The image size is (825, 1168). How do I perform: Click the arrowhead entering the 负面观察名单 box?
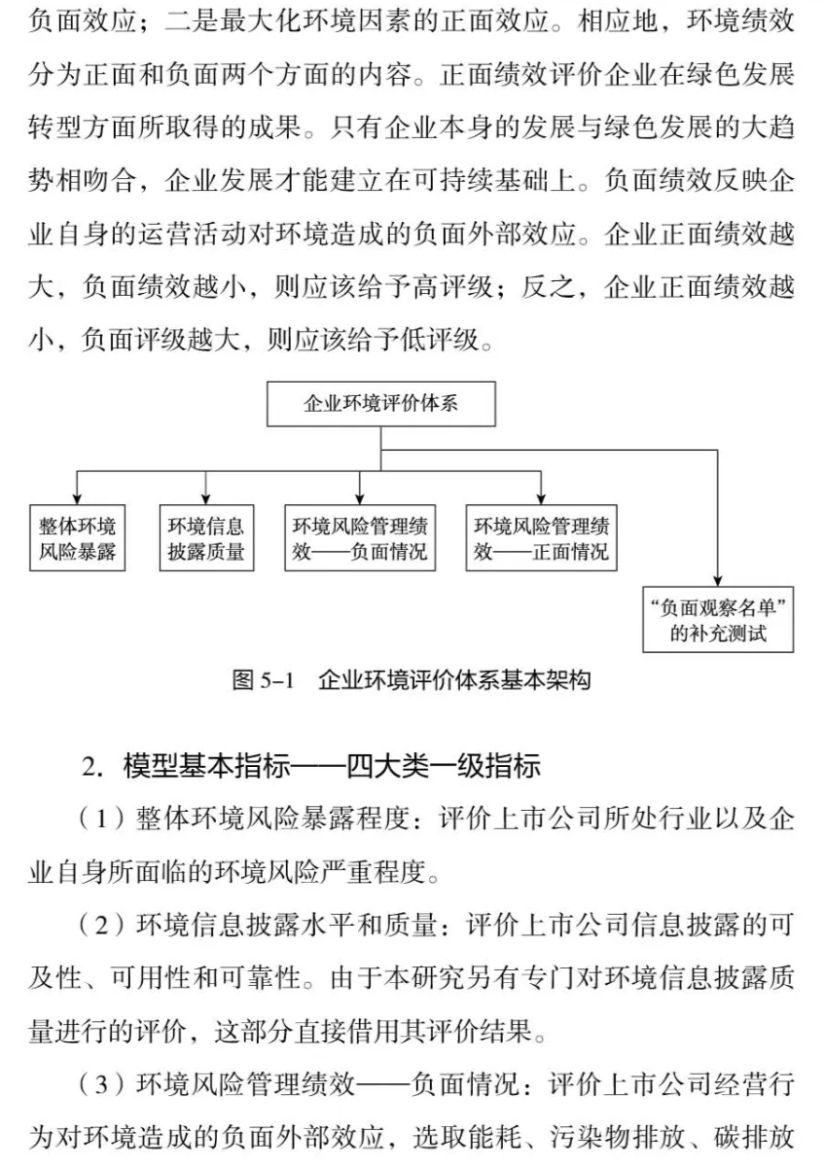[718, 581]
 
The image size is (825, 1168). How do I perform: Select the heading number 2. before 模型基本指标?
[93, 766]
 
